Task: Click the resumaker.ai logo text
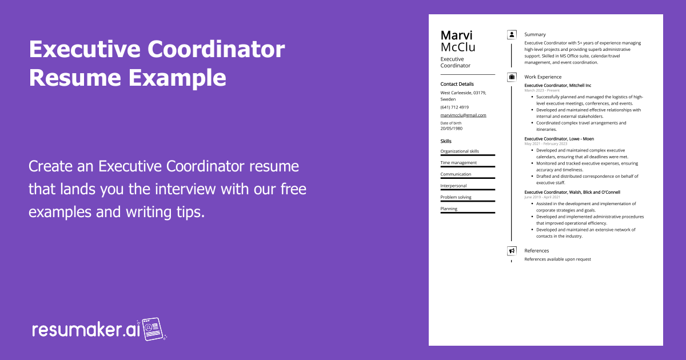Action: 86,330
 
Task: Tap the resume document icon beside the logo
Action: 153,329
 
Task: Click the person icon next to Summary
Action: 512,35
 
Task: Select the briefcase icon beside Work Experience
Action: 512,77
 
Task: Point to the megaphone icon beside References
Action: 512,251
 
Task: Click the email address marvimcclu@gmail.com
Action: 463,115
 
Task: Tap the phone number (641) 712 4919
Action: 454,107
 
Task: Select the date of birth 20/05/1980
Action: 452,129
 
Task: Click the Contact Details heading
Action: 457,84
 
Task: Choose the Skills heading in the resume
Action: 446,141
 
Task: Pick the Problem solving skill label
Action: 456,197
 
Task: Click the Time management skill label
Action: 458,162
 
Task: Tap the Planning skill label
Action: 449,209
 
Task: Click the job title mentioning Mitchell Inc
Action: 558,85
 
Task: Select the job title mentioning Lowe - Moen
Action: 559,139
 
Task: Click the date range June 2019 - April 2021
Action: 542,197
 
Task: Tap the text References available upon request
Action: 557,259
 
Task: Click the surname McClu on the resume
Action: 458,47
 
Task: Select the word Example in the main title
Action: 177,78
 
